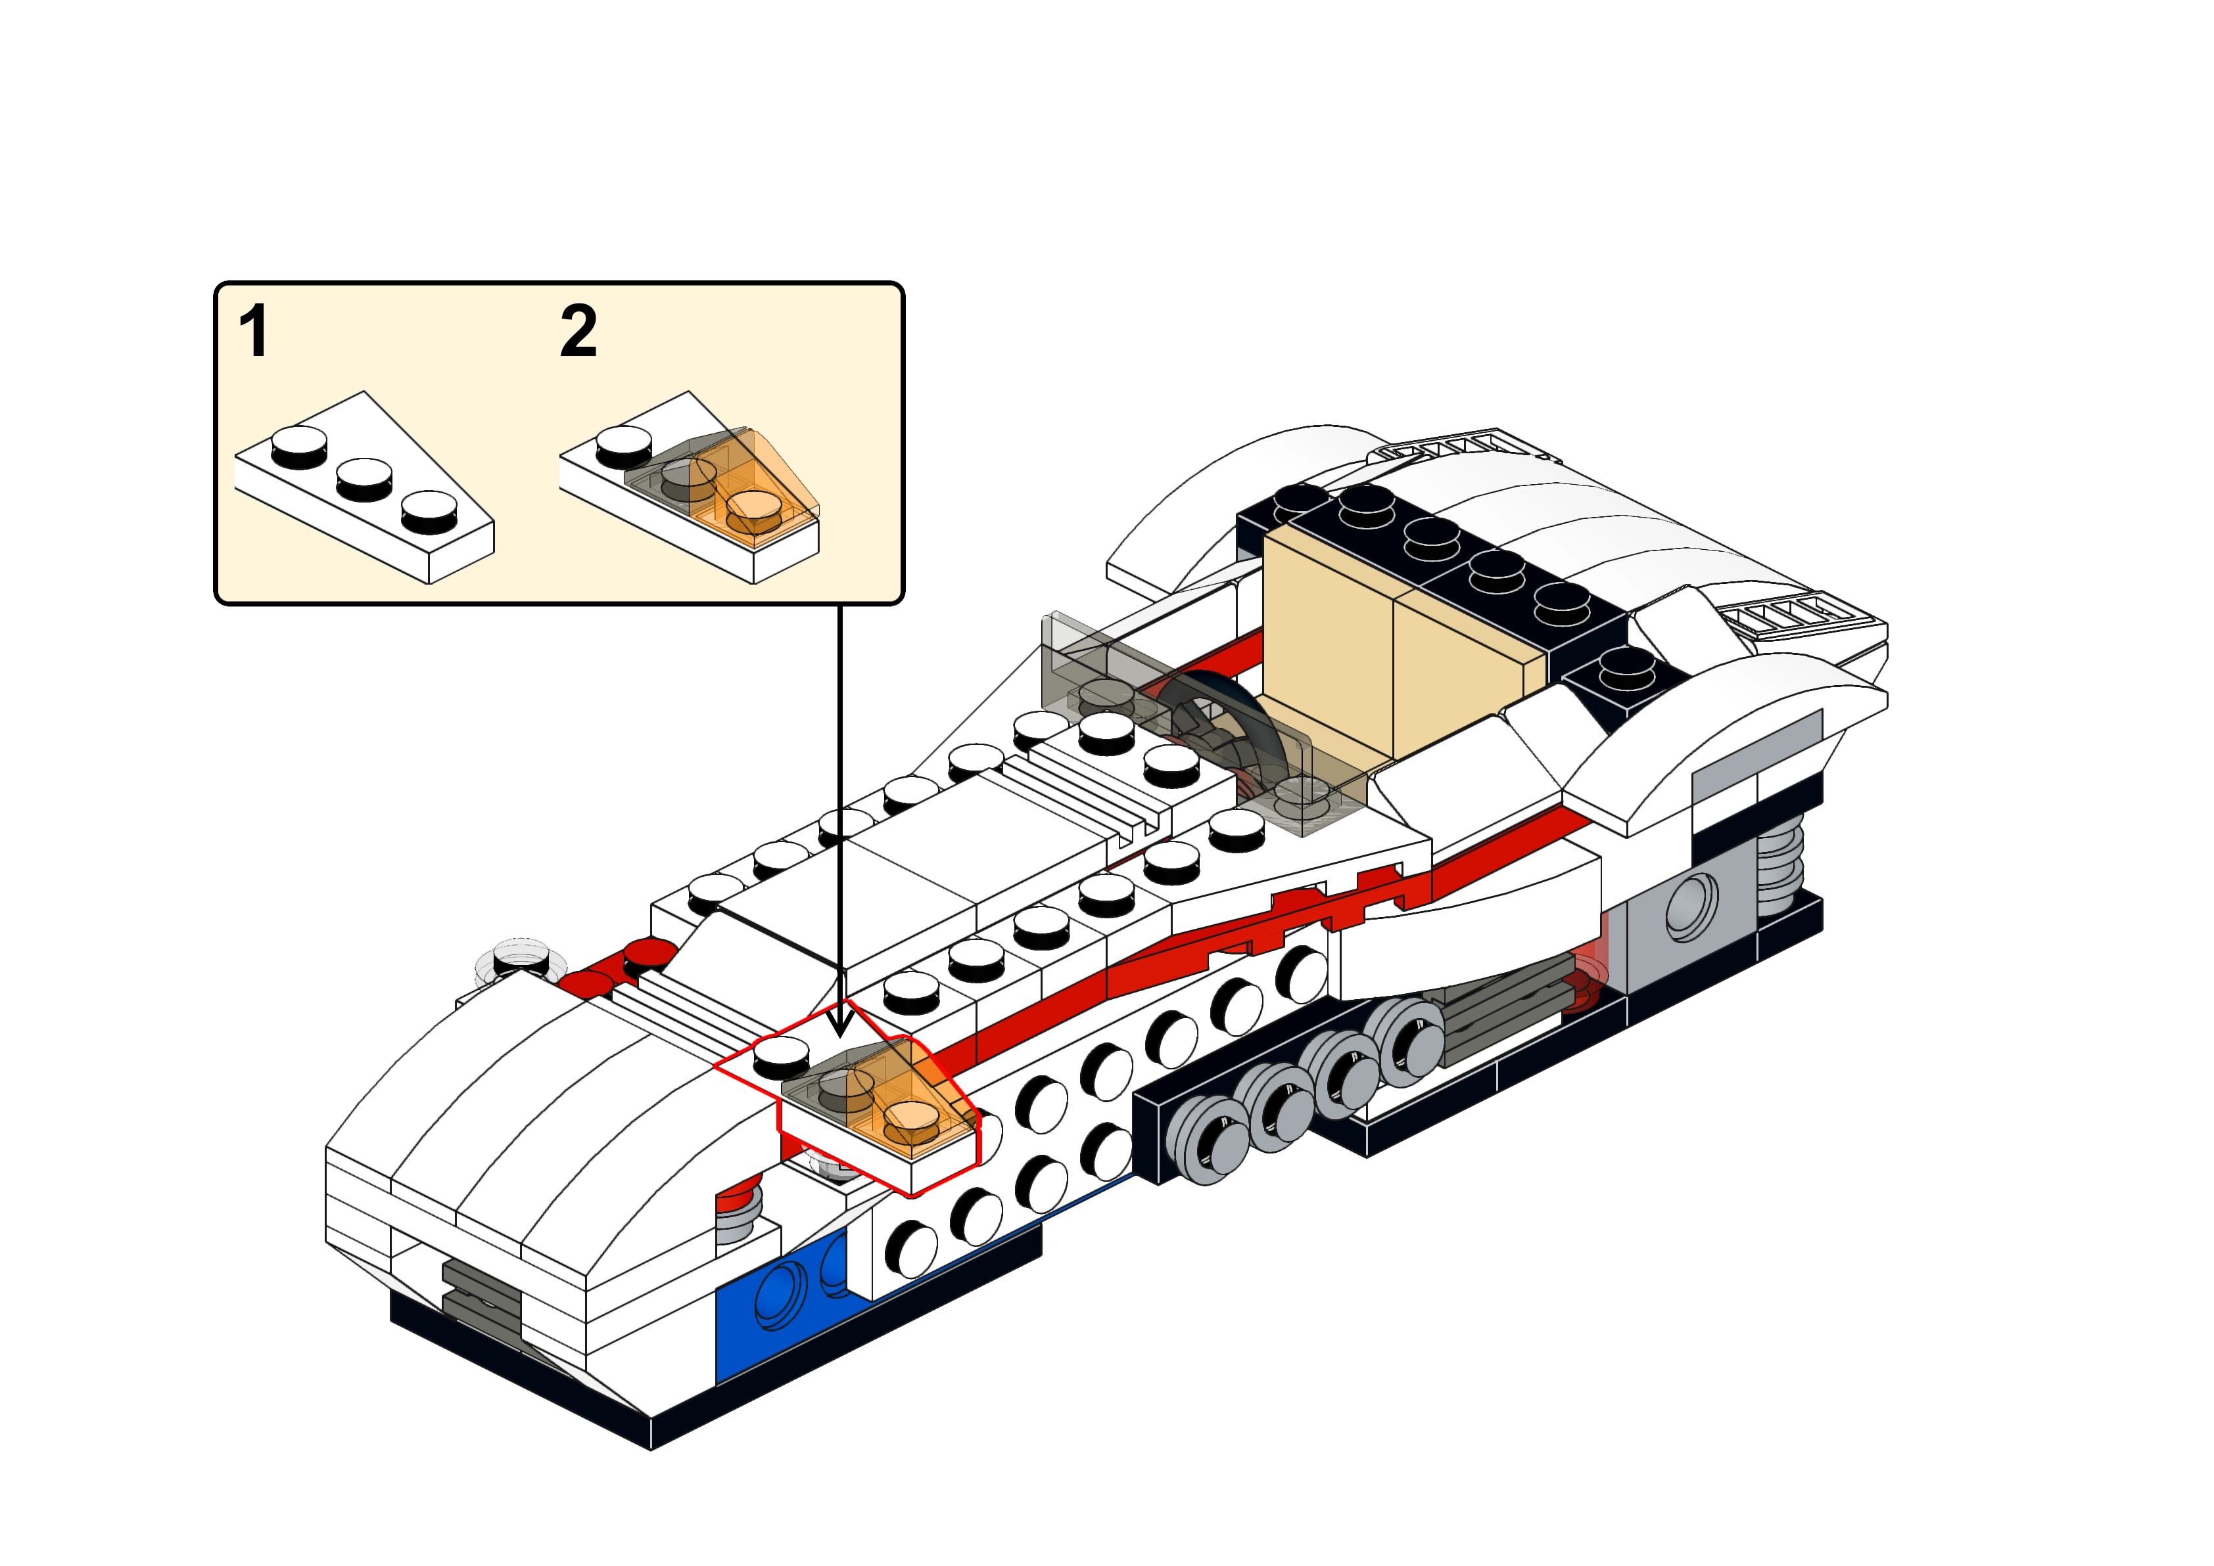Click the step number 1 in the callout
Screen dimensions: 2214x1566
[x=252, y=332]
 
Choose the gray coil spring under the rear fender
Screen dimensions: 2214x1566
[x=1780, y=868]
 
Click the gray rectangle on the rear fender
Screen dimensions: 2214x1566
[x=1756, y=762]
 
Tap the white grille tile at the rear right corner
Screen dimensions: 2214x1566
[x=1775, y=617]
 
